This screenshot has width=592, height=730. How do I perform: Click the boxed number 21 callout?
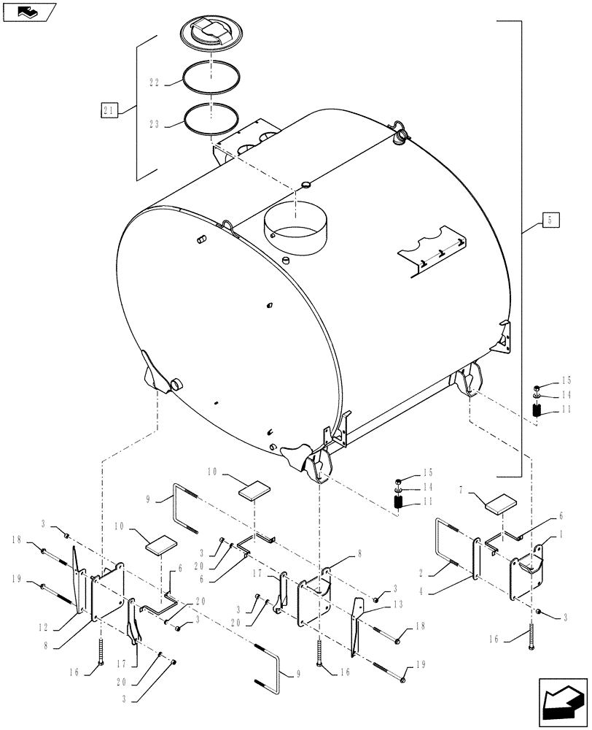tap(109, 110)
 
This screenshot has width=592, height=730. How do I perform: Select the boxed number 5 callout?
tap(551, 219)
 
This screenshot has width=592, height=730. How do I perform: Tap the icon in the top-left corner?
tap(28, 11)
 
